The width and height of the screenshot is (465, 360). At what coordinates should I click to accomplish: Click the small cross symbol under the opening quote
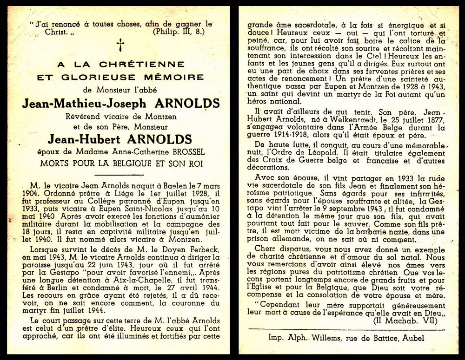coord(120,45)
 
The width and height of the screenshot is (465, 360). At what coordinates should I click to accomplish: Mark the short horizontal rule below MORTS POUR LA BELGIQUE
coord(120,175)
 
